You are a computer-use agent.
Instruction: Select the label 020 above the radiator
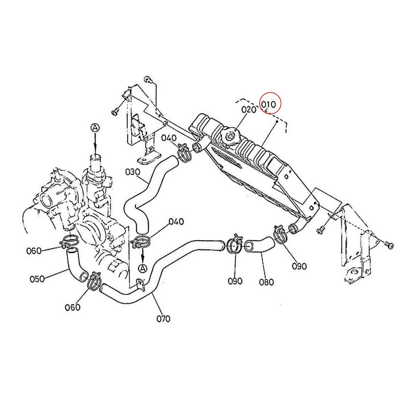(249, 110)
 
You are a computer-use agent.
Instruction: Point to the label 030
(132, 172)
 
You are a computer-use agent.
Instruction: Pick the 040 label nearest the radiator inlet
(168, 138)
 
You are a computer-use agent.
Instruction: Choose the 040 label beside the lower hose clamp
(176, 222)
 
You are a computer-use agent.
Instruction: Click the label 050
(37, 279)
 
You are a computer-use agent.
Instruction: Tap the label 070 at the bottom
(163, 318)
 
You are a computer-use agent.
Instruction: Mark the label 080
(266, 282)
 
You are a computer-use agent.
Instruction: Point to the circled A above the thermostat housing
(95, 128)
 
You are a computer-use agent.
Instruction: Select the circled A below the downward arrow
(143, 268)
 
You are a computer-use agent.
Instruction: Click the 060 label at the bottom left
(73, 307)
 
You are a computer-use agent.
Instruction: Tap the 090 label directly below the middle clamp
(235, 281)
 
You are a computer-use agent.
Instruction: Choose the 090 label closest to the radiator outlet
(299, 266)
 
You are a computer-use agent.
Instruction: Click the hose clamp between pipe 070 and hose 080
(235, 244)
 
